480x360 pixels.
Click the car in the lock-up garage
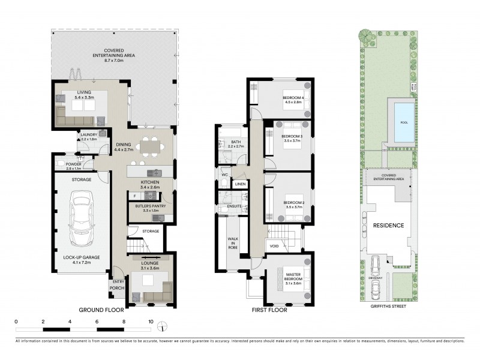coord(80,219)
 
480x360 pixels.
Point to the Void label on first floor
coord(274,245)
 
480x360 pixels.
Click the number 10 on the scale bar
coord(151,321)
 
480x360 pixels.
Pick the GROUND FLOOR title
coord(101,310)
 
